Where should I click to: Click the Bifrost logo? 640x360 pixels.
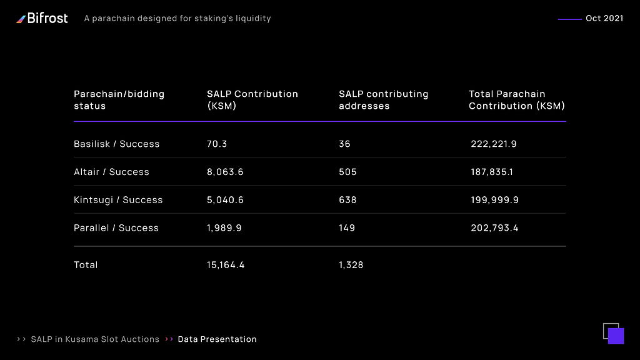coord(42,18)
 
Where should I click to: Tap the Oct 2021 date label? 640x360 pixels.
coord(604,18)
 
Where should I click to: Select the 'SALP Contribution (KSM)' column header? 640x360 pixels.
coord(252,99)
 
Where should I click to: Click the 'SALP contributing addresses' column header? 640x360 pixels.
coord(383,99)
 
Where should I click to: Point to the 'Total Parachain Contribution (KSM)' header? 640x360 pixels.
coord(517,99)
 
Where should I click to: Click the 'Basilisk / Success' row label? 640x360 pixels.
coord(117,144)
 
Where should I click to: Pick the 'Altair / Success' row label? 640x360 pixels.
coord(111,172)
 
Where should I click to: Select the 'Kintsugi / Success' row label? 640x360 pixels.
coord(118,199)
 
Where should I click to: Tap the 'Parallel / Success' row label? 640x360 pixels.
coord(116,227)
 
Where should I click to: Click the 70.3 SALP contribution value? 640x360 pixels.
coord(217,144)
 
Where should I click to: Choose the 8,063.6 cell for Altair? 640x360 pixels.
coord(225,172)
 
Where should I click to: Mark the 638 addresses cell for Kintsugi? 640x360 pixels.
coord(347,199)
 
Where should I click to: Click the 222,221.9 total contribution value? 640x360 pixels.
coord(494,144)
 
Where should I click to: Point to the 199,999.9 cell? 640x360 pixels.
coord(495,199)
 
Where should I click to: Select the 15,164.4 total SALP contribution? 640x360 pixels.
coord(226,265)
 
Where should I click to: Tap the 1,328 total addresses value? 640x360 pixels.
coord(351,265)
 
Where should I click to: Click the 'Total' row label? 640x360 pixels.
coord(86,265)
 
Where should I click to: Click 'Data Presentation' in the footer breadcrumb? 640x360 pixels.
coord(217,339)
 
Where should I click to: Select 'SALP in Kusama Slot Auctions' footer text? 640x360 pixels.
coord(95,339)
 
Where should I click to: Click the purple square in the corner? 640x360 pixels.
coord(616,336)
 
